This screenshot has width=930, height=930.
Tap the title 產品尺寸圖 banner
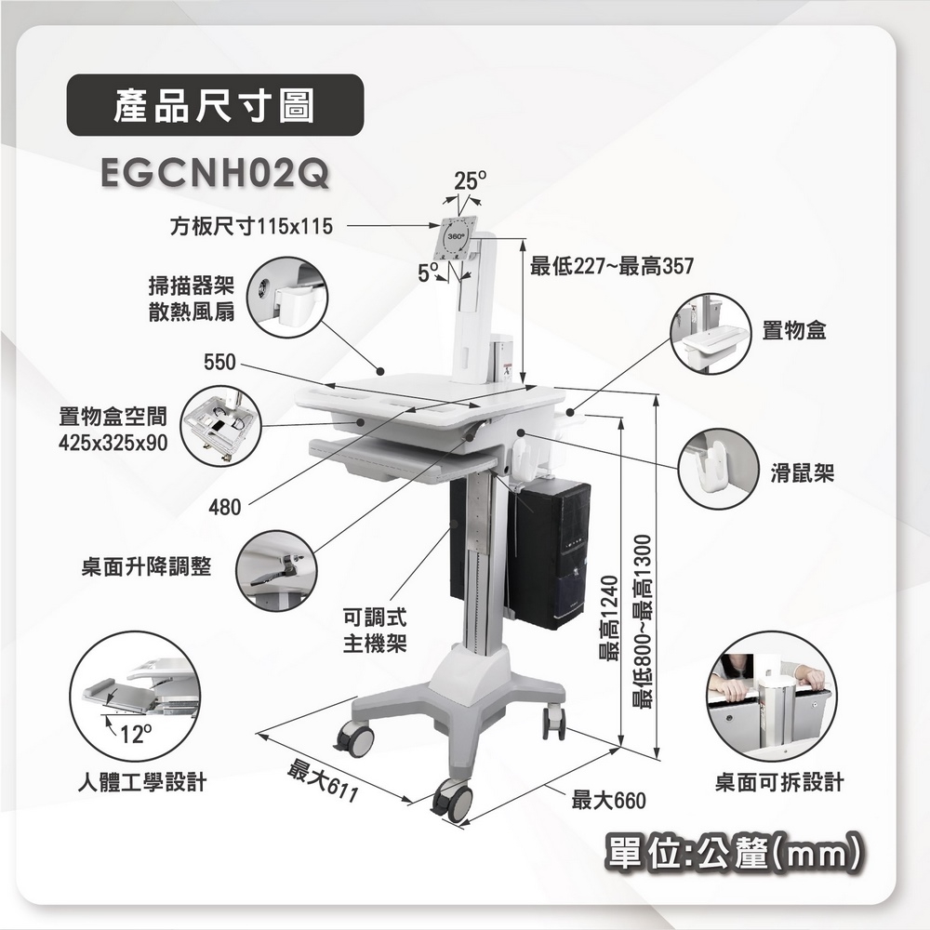[215, 105]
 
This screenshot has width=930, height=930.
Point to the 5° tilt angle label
[429, 272]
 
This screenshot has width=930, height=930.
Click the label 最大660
[607, 798]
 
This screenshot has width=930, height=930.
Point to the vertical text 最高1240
[609, 618]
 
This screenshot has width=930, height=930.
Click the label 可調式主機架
[374, 631]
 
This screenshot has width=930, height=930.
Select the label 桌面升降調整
[145, 567]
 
